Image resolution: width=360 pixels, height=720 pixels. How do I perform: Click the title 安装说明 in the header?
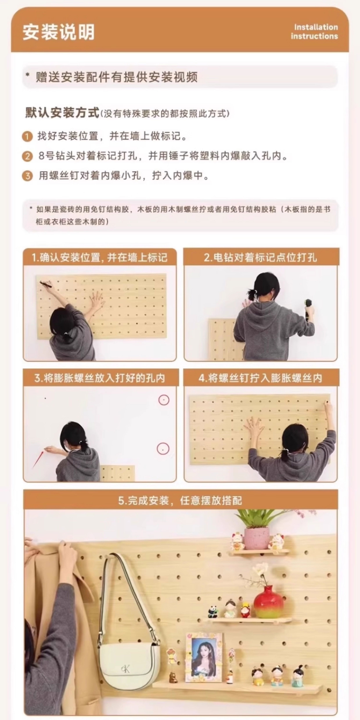click(x=59, y=32)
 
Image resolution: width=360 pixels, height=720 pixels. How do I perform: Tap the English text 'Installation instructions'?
click(x=314, y=32)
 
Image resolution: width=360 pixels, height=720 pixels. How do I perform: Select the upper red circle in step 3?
click(x=164, y=400)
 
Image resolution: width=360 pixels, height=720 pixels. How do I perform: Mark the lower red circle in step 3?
click(x=163, y=449)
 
